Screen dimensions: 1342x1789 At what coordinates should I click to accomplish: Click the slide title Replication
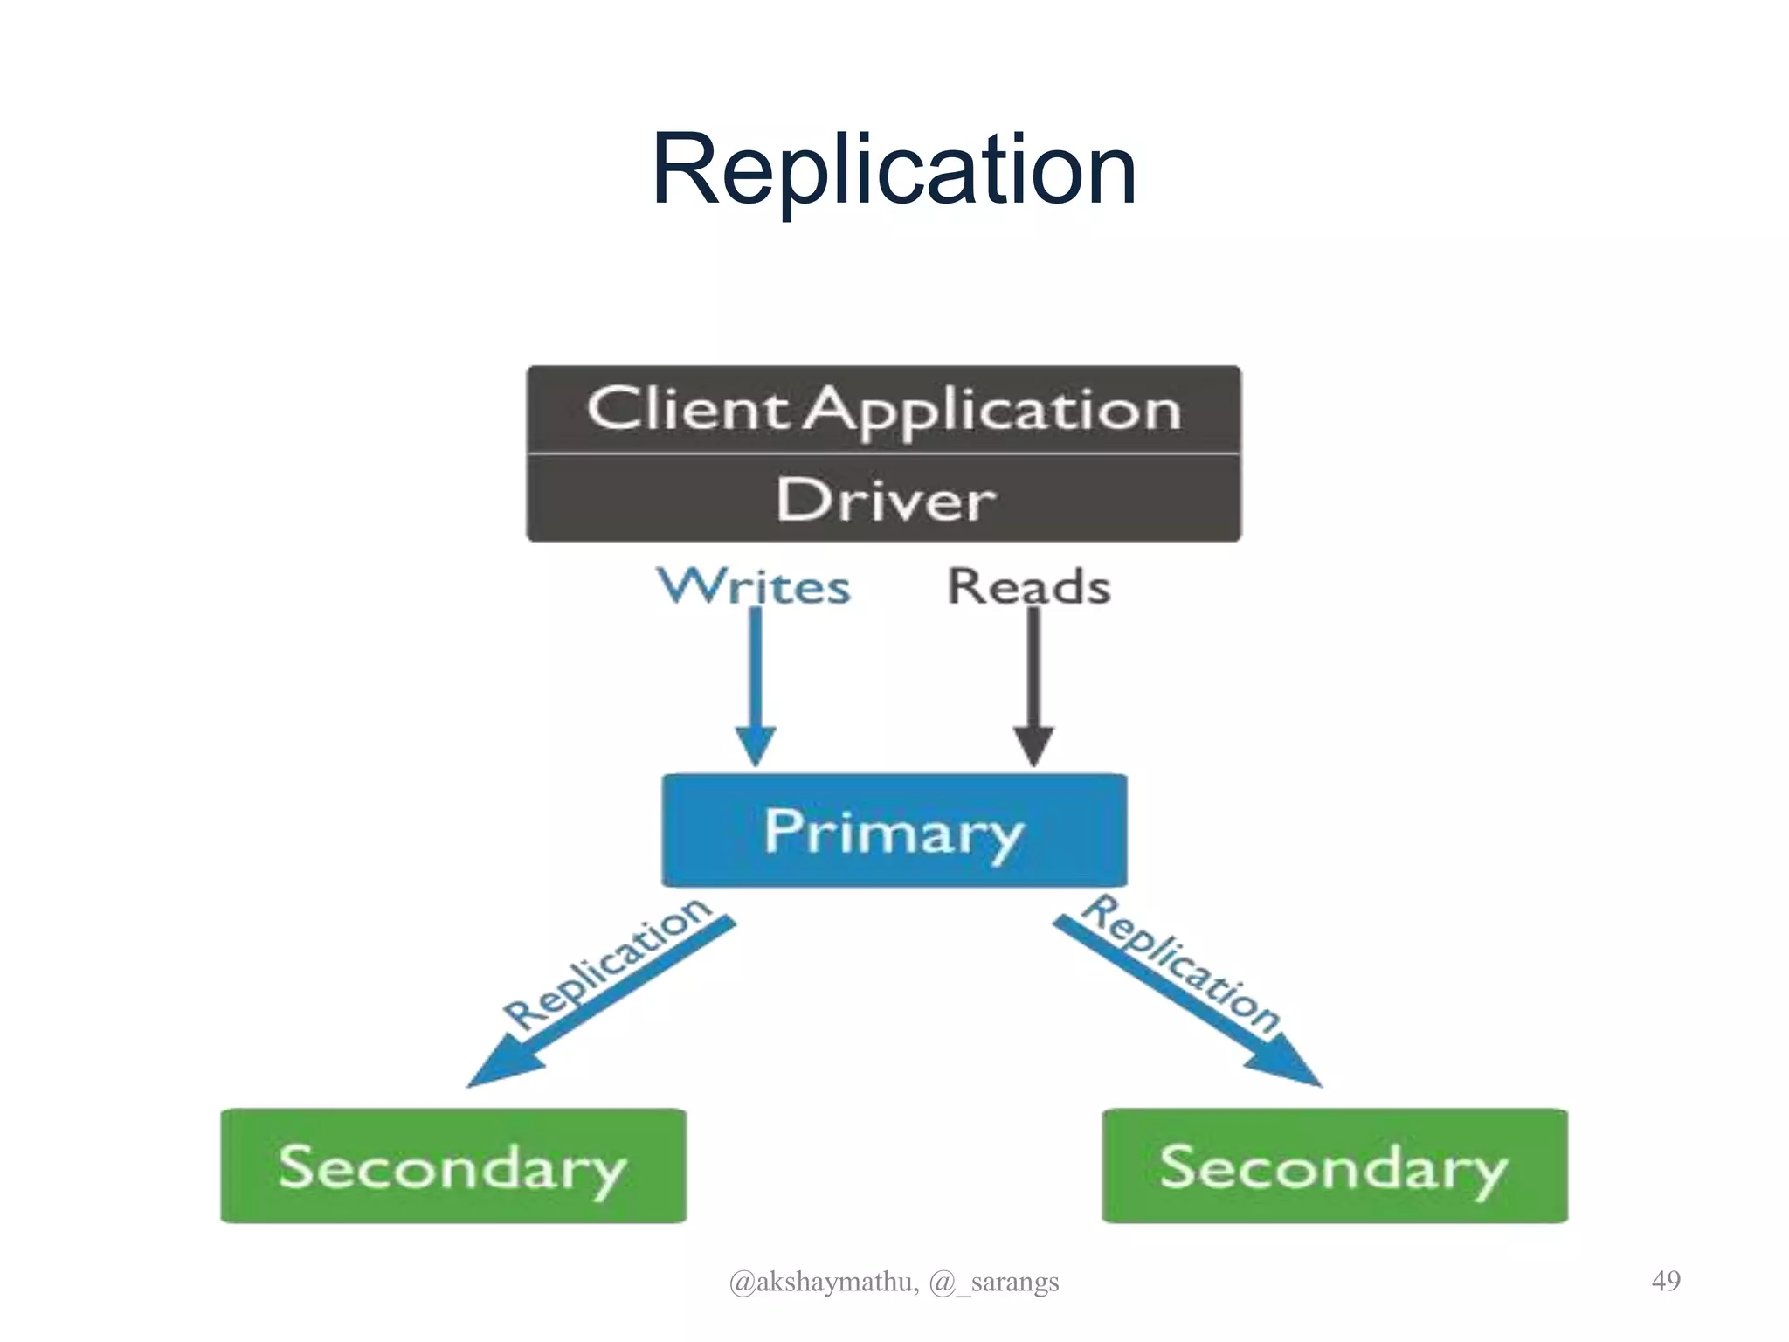[x=894, y=170]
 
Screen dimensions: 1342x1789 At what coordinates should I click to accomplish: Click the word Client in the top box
[x=687, y=409]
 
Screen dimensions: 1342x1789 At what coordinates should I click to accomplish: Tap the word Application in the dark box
[x=992, y=411]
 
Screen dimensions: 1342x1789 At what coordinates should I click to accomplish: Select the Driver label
[x=885, y=501]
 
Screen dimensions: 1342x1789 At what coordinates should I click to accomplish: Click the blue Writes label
[x=754, y=586]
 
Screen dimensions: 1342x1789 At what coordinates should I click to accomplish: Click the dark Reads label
[x=1029, y=586]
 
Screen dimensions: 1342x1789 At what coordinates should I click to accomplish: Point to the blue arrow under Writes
[x=756, y=673]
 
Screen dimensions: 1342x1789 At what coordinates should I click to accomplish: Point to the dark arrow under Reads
[x=1033, y=673]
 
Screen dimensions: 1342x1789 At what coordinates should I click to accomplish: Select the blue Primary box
[x=894, y=830]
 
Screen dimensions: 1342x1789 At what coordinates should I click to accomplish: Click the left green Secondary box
[x=452, y=1166]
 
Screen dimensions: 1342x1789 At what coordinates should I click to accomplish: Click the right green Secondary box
[x=1334, y=1166]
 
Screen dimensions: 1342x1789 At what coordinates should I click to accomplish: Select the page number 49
[x=1665, y=1281]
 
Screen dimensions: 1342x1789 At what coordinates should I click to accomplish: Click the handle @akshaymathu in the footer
[x=823, y=1282]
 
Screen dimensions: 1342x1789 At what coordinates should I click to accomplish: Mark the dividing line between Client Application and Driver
[x=883, y=453]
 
